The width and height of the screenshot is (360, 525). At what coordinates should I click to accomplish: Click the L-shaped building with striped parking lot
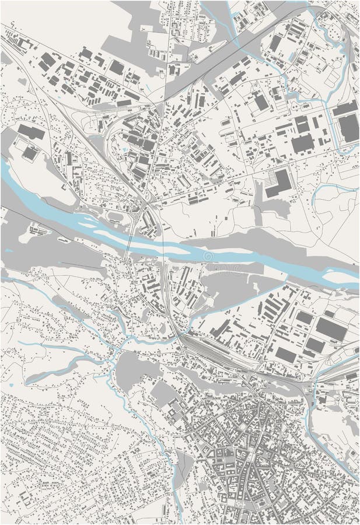[x=279, y=182]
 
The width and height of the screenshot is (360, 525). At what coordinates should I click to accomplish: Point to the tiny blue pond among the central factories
[x=125, y=149]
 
